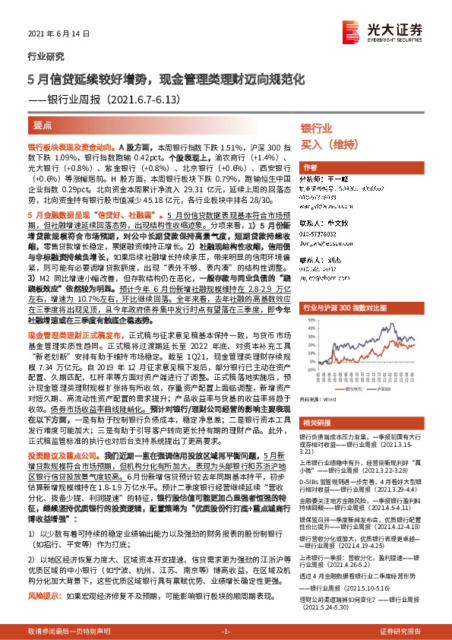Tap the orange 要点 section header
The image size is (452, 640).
pos(43,124)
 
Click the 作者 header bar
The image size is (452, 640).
pos(310,167)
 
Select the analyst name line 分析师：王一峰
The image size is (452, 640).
pos(325,179)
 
